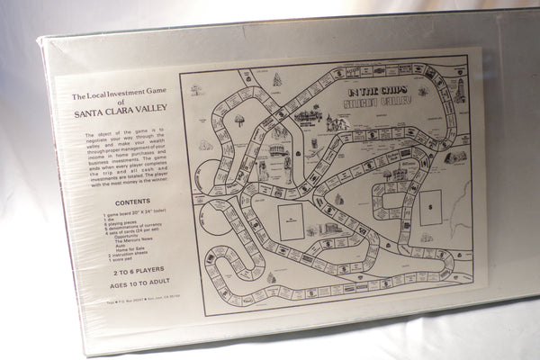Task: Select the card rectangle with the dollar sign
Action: click(430, 208)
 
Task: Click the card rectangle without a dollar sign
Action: click(291, 221)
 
